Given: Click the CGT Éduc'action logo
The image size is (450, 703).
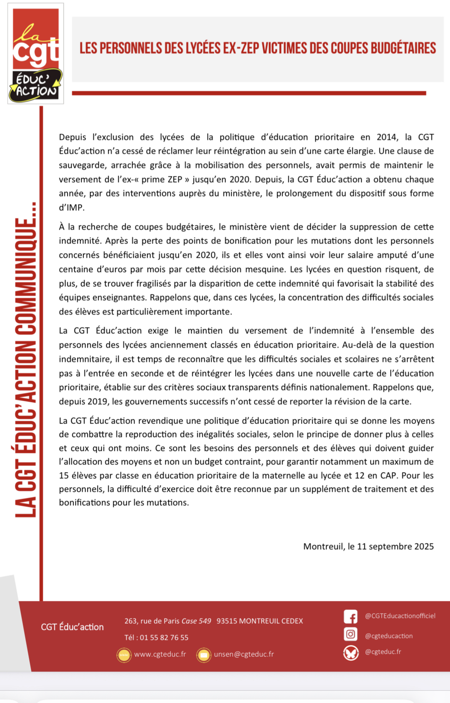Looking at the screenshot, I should [x=35, y=54].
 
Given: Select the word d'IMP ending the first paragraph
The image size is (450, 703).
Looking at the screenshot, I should [x=71, y=207].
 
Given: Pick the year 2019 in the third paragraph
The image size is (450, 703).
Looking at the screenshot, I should [x=98, y=401].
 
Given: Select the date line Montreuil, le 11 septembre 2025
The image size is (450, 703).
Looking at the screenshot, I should [x=368, y=546].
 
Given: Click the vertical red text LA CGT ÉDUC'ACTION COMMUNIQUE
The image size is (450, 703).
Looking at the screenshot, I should [x=25, y=359].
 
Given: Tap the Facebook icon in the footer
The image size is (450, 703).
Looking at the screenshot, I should [x=351, y=617].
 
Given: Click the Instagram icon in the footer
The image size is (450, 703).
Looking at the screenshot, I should [x=351, y=634].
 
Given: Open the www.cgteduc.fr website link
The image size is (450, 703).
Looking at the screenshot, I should [x=160, y=654].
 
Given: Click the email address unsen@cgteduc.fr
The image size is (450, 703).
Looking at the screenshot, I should [x=244, y=654].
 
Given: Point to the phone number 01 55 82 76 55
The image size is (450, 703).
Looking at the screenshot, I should [x=164, y=637].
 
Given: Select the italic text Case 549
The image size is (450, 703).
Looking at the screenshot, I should [x=196, y=621].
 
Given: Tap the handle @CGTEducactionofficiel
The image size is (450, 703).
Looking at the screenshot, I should [x=400, y=616].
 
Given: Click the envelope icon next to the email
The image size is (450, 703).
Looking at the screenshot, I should [x=204, y=655].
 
